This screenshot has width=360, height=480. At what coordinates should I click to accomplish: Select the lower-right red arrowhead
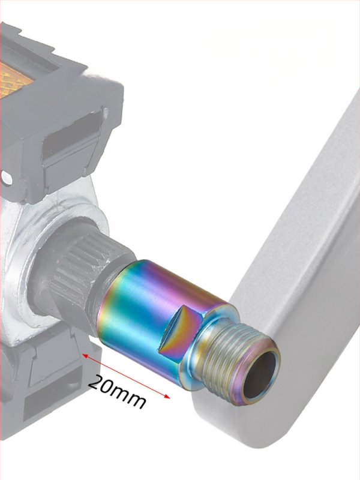point(166,397)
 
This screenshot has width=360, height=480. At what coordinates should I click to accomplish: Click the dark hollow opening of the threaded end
point(261,374)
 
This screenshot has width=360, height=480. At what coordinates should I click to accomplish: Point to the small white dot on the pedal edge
point(6,178)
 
